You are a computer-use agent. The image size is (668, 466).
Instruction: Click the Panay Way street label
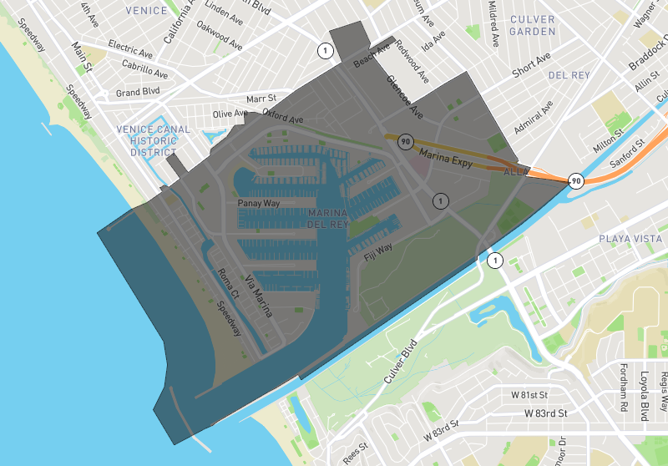(x=258, y=203)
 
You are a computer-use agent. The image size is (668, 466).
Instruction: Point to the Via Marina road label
(x=258, y=296)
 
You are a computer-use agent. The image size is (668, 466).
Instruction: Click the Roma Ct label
(x=228, y=284)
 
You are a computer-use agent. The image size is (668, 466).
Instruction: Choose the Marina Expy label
(x=446, y=160)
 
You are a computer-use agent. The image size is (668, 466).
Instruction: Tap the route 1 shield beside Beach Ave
(x=325, y=51)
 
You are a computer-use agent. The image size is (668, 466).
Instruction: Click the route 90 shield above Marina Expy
(x=406, y=141)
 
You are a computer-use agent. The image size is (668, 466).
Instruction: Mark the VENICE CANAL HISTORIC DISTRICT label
(x=149, y=141)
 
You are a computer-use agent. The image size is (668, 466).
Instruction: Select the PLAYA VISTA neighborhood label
(x=630, y=239)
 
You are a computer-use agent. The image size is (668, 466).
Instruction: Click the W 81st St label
(x=529, y=395)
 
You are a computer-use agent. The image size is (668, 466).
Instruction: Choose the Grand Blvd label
(x=138, y=93)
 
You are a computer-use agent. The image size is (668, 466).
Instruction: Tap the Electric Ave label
(x=129, y=50)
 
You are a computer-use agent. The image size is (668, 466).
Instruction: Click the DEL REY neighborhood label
(x=569, y=75)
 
